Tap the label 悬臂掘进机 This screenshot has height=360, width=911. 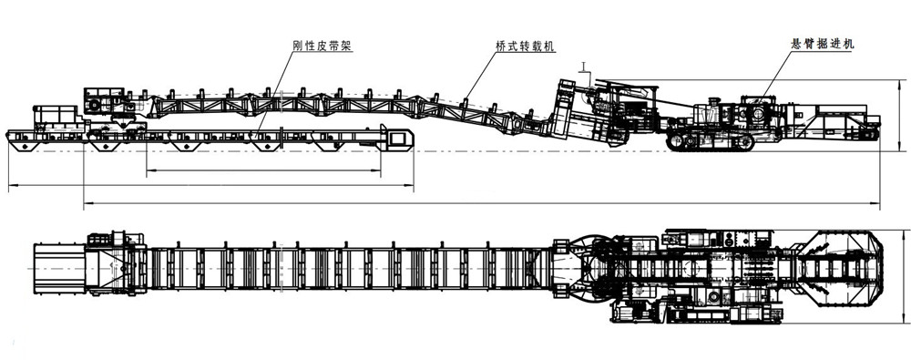tap(821, 44)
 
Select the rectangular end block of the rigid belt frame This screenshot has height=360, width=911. tap(398, 139)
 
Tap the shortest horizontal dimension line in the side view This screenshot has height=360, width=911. tap(262, 170)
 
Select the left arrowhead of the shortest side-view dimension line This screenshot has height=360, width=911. tap(148, 170)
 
